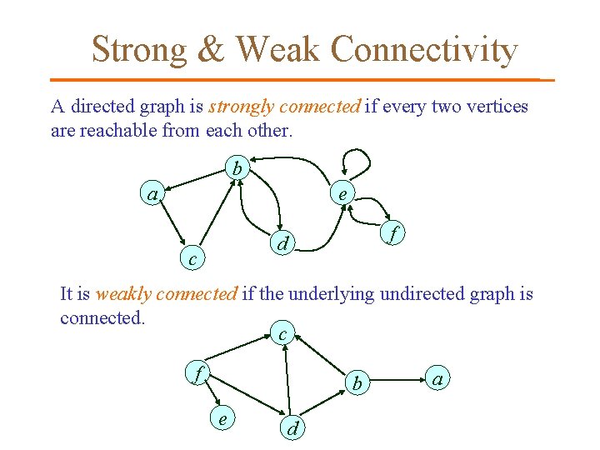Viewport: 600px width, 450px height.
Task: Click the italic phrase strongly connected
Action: coord(284,107)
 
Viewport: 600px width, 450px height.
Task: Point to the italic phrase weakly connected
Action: coord(167,293)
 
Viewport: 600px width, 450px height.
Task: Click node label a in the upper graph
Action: coord(152,195)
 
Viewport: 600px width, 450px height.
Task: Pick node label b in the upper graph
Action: coord(237,169)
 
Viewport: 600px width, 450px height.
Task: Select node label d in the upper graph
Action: coord(283,245)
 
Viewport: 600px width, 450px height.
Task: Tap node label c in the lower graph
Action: coord(283,334)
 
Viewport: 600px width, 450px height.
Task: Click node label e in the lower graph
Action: coord(222,419)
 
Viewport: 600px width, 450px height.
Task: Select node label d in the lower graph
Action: coord(292,428)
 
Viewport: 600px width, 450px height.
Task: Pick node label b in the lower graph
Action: coord(357,383)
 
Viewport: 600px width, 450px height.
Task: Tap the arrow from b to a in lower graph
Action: coord(398,381)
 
